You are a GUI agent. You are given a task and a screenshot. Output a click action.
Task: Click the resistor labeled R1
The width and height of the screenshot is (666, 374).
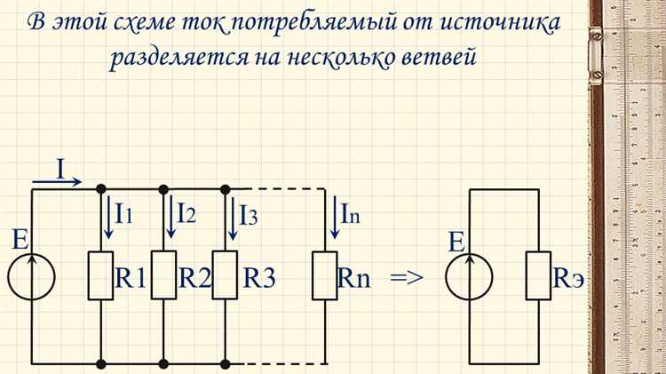click(100, 276)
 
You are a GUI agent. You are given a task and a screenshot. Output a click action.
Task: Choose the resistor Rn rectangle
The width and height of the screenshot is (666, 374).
click(324, 276)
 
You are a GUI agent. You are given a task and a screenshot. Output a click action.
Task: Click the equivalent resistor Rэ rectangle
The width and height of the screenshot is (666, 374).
click(538, 276)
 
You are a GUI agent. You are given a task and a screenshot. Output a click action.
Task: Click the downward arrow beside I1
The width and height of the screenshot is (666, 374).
click(107, 220)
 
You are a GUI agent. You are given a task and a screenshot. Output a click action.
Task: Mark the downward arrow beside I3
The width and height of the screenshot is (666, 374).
click(233, 220)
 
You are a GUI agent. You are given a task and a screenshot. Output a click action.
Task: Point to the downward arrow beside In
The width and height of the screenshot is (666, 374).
click(334, 220)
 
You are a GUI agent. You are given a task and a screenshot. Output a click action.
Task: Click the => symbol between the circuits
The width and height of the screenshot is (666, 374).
click(407, 277)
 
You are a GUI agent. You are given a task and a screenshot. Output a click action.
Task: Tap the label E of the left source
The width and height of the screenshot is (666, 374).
click(20, 239)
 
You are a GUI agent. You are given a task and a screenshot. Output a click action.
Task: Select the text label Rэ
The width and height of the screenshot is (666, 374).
click(569, 277)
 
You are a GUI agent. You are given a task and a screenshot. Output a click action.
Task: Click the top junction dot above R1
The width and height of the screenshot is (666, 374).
click(100, 188)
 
